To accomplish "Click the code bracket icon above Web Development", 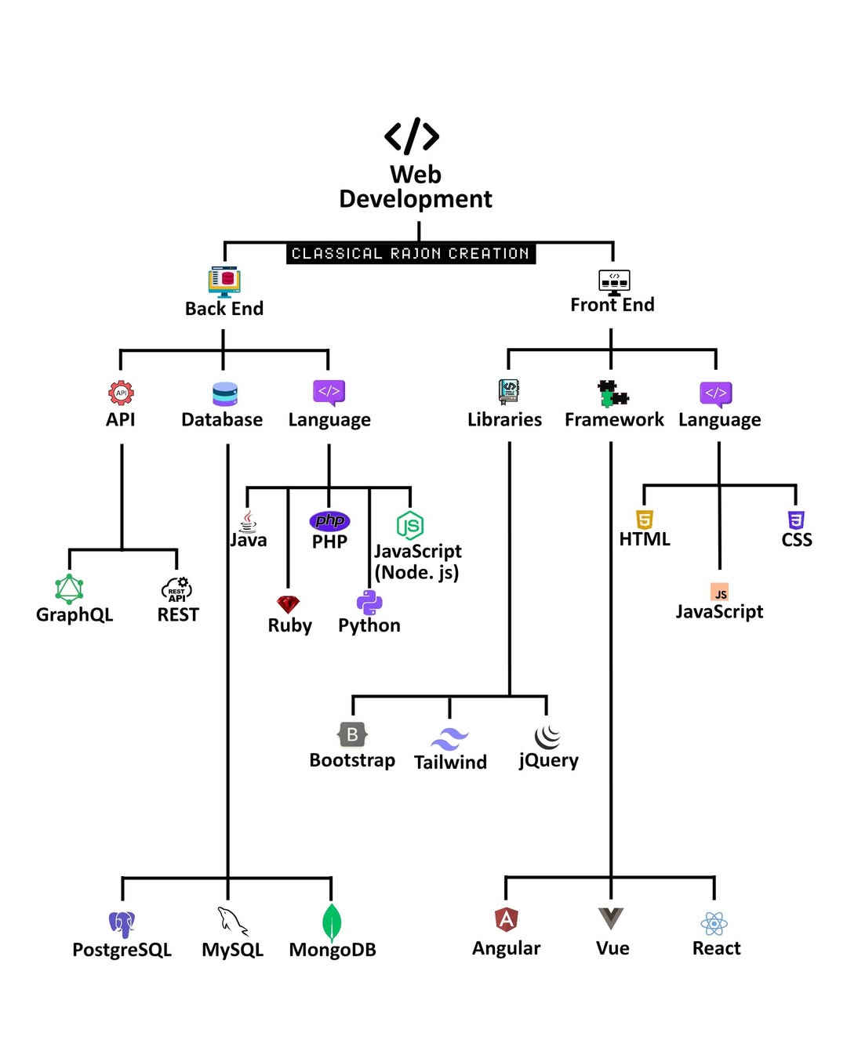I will pyautogui.click(x=412, y=136).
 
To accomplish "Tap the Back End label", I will pyautogui.click(x=224, y=309).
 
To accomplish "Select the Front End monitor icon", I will pyautogui.click(x=613, y=281).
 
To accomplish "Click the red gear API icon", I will pyautogui.click(x=121, y=393).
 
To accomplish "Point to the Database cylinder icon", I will pyautogui.click(x=224, y=393).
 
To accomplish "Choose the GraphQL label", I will pyautogui.click(x=75, y=614).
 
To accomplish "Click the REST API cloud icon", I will pyautogui.click(x=176, y=589).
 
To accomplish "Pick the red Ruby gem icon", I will pyautogui.click(x=288, y=604).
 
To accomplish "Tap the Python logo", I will pyautogui.click(x=369, y=602).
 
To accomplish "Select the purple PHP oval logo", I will pyautogui.click(x=329, y=520).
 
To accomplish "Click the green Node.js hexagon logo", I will pyautogui.click(x=409, y=525).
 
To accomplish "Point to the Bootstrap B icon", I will pyautogui.click(x=352, y=734).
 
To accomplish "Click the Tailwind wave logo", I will pyautogui.click(x=449, y=739).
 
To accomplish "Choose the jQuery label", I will pyautogui.click(x=548, y=760).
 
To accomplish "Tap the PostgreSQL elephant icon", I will pyautogui.click(x=122, y=924).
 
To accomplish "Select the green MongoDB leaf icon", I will pyautogui.click(x=332, y=922).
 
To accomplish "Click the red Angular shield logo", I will pyautogui.click(x=507, y=919).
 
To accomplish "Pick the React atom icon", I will pyautogui.click(x=714, y=923).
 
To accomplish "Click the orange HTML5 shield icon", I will pyautogui.click(x=645, y=520).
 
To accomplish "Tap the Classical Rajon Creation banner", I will pyautogui.click(x=410, y=253).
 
